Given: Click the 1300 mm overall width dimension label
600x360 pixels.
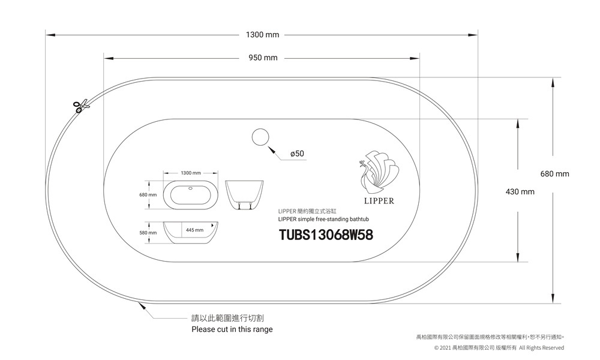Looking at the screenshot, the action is tap(262, 35).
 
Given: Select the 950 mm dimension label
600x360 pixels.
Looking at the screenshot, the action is tap(263, 58).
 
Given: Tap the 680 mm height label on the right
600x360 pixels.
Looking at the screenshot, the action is tap(554, 174).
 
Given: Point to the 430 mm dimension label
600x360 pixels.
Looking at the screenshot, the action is tap(519, 192).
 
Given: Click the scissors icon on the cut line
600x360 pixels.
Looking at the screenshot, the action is tap(80, 106).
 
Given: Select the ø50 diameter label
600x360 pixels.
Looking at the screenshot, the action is tap(296, 154).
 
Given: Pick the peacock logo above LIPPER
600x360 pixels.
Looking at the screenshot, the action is tap(379, 171).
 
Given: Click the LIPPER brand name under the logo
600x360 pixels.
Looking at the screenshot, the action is tap(379, 201).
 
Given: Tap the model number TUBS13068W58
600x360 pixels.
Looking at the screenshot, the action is tap(326, 235).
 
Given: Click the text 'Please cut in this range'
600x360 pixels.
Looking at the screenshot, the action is tap(232, 329).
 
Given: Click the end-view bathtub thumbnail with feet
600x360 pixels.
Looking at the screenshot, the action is tap(245, 194).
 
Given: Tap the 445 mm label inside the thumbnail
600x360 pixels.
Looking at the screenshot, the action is tap(195, 230).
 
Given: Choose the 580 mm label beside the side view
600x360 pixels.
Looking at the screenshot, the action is tap(148, 232).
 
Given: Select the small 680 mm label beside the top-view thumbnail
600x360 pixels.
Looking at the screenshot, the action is tap(148, 195).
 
